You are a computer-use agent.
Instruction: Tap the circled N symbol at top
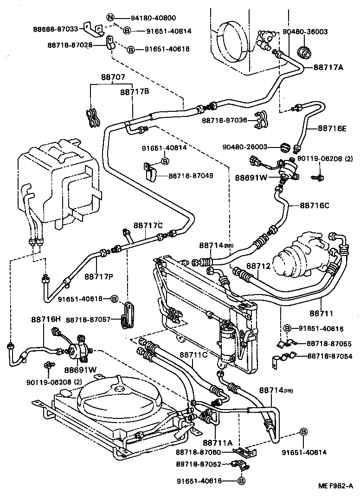coord(110,18)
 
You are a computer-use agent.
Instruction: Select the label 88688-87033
coord(56,28)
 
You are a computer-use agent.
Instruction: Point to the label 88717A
coord(328,67)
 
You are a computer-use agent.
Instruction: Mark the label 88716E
coord(332,128)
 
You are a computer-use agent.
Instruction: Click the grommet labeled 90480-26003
coord(284,147)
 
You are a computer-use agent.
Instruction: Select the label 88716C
coord(315,205)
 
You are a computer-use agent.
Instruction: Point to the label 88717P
coord(98,276)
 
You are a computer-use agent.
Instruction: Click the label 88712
coord(258,266)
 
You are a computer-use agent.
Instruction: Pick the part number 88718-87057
coord(88,320)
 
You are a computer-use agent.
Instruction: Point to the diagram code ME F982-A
coord(335,486)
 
